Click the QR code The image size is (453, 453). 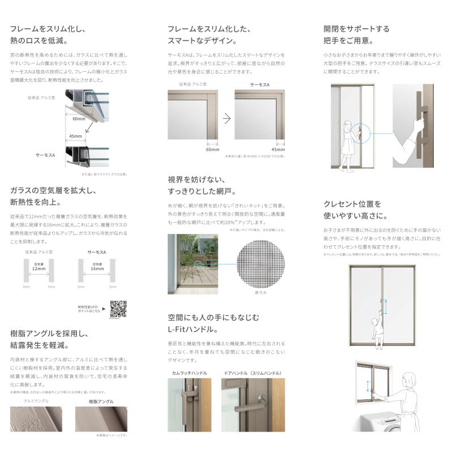[x=118, y=309]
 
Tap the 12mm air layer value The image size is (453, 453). [x=39, y=269]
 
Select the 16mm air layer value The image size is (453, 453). [x=96, y=269]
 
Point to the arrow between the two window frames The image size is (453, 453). [x=226, y=118]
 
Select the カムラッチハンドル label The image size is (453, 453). [x=189, y=373]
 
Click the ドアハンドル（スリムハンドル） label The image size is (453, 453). [x=253, y=373]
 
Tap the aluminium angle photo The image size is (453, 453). [x=37, y=419]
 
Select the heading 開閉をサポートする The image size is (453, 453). [x=356, y=28]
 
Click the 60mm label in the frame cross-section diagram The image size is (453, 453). [x=79, y=119]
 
